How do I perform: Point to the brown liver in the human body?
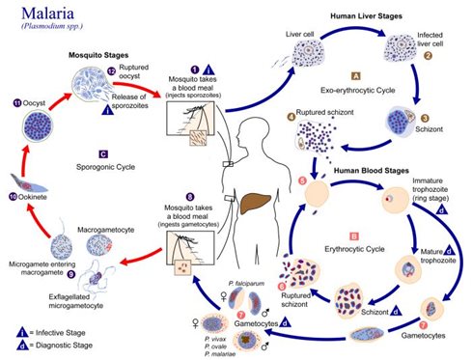coord(253,205)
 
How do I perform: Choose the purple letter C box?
coord(102,153)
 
